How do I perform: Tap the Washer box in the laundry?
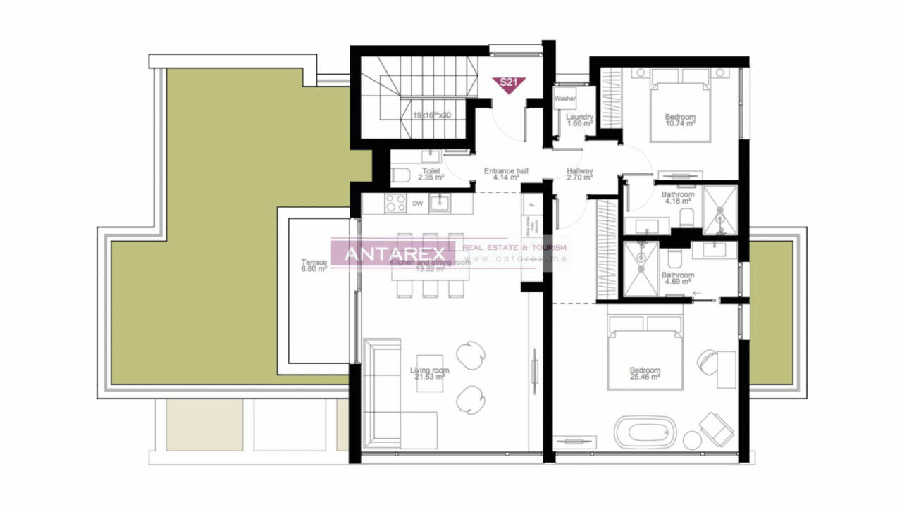(565, 99)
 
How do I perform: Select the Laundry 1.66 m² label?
(579, 120)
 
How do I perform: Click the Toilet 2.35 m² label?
(431, 174)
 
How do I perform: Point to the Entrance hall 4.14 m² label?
(506, 174)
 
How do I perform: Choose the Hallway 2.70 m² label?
(580, 174)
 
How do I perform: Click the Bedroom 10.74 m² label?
(680, 120)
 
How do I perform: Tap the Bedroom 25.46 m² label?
(645, 374)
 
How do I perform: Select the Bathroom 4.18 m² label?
(678, 199)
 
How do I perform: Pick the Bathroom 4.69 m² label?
(678, 279)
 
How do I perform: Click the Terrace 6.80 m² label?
(314, 265)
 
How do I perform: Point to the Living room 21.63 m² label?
(429, 374)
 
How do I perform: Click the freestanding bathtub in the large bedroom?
(645, 432)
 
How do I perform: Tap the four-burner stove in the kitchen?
(395, 204)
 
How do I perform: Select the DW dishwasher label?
(417, 204)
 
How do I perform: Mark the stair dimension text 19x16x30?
(431, 115)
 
